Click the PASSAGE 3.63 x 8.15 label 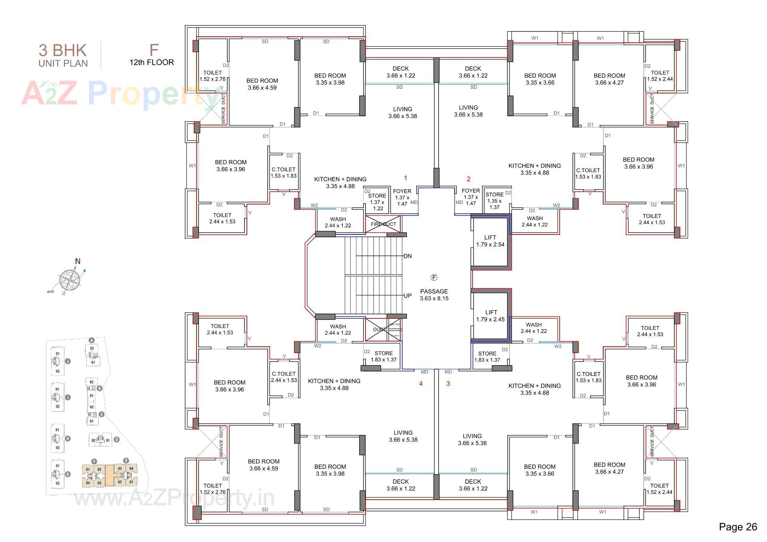[x=434, y=295]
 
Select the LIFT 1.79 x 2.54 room [x=490, y=241]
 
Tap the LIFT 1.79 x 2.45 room [x=491, y=316]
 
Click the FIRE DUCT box [x=383, y=224]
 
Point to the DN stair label [x=407, y=256]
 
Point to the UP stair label [x=407, y=296]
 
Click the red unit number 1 [x=405, y=178]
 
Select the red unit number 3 [x=448, y=383]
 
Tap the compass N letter [x=77, y=261]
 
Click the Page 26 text [x=737, y=527]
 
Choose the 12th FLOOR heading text [x=151, y=62]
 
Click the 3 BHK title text [x=63, y=50]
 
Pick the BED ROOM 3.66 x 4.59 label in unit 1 [x=262, y=84]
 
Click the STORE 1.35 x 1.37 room [x=495, y=201]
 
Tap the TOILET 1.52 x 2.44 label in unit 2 [x=660, y=75]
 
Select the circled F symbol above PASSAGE [x=434, y=278]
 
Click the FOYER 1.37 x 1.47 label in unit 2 [x=471, y=197]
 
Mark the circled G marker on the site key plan [x=68, y=474]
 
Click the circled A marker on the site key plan [x=91, y=340]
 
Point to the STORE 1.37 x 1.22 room [x=377, y=202]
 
